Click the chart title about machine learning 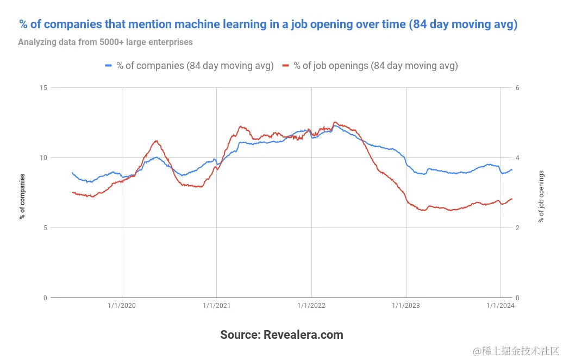pyautogui.click(x=267, y=24)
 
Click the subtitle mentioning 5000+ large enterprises pyautogui.click(x=105, y=42)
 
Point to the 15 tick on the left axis pyautogui.click(x=43, y=87)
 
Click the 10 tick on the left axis pyautogui.click(x=43, y=157)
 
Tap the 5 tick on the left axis pyautogui.click(x=45, y=228)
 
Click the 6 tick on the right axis pyautogui.click(x=517, y=87)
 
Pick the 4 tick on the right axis pyautogui.click(x=517, y=157)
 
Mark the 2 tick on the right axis pyautogui.click(x=517, y=228)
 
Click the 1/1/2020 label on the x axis pyautogui.click(x=122, y=306)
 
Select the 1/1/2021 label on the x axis pyautogui.click(x=216, y=306)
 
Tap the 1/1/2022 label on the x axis pyautogui.click(x=311, y=306)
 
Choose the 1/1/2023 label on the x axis pyautogui.click(x=405, y=306)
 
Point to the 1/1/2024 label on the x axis pyautogui.click(x=500, y=306)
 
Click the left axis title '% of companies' pyautogui.click(x=22, y=196)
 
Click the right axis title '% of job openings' pyautogui.click(x=541, y=196)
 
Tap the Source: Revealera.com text pyautogui.click(x=281, y=334)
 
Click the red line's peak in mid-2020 pyautogui.click(x=157, y=141)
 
